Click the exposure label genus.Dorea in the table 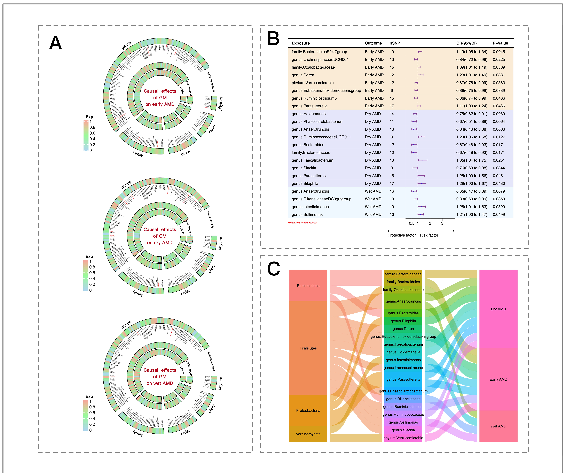pyautogui.click(x=303, y=75)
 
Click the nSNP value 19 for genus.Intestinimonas pyautogui.click(x=392, y=207)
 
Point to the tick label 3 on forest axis pyautogui.click(x=442, y=223)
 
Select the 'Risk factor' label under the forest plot pyautogui.click(x=429, y=235)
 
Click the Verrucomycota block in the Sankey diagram pyautogui.click(x=308, y=434)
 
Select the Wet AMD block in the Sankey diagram pyautogui.click(x=498, y=426)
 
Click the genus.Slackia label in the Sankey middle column pyautogui.click(x=403, y=430)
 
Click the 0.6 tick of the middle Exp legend pyautogui.click(x=92, y=273)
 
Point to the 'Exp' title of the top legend pyautogui.click(x=89, y=117)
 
